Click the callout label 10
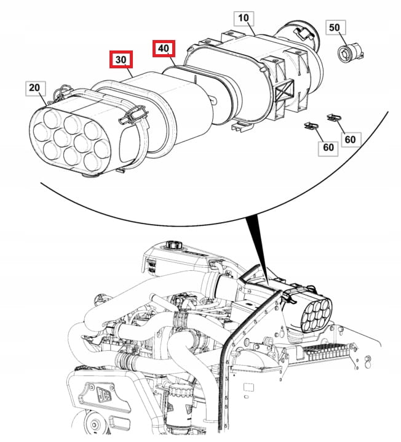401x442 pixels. point(244,18)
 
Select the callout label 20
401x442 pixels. point(34,88)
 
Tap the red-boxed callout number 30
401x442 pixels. point(121,60)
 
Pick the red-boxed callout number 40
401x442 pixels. point(164,49)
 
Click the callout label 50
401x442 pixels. point(334,27)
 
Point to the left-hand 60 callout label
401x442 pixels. point(328,147)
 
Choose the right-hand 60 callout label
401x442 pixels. point(350,139)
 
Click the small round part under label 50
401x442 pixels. point(350,52)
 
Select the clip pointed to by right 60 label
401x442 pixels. point(334,117)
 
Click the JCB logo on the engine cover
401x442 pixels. point(105,394)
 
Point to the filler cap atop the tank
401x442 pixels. point(174,245)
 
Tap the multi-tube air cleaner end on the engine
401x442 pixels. point(316,315)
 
